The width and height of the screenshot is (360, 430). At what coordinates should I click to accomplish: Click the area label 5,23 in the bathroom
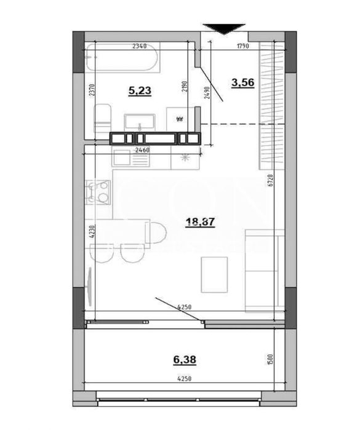click(x=140, y=91)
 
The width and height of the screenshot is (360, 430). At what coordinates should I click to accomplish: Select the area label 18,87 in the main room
click(x=201, y=223)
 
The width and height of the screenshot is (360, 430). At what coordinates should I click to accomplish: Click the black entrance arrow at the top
click(x=223, y=28)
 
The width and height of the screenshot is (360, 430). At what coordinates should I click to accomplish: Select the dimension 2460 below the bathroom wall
click(x=143, y=149)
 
